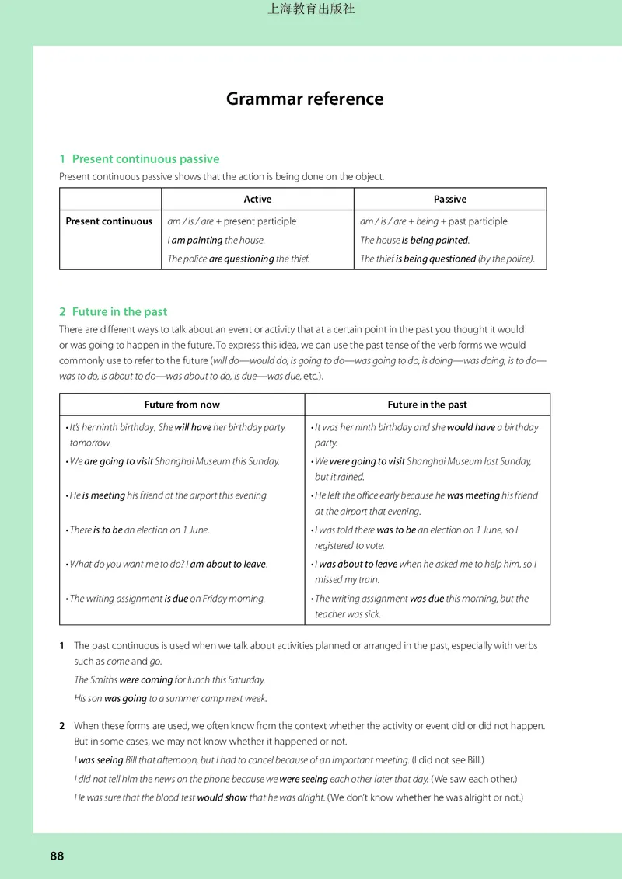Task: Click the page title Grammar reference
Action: click(x=305, y=99)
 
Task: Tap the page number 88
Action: click(x=57, y=856)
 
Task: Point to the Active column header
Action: click(x=257, y=200)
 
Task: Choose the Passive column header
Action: click(x=450, y=200)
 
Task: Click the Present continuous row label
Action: click(x=109, y=221)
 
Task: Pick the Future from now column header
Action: click(x=182, y=405)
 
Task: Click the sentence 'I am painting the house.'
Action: click(x=216, y=241)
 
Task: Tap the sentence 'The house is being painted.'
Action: click(x=414, y=241)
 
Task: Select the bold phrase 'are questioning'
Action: click(x=241, y=259)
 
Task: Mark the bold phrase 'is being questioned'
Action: click(x=435, y=259)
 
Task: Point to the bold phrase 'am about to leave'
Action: click(x=228, y=565)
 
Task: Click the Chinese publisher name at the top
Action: click(x=311, y=10)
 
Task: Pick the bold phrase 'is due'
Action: click(x=176, y=599)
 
